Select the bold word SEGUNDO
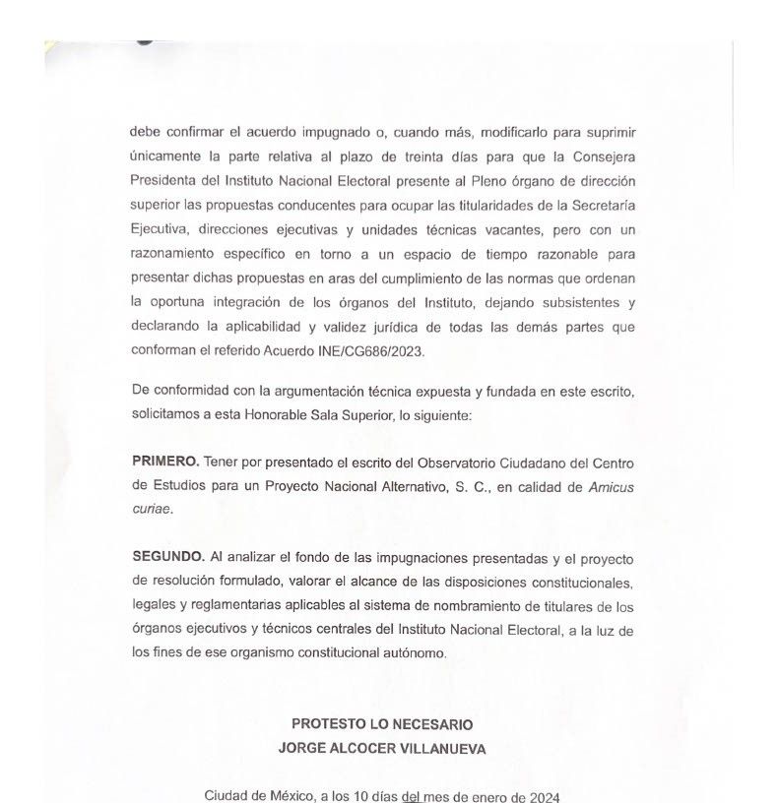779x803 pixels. pyautogui.click(x=167, y=556)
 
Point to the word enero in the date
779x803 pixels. pyautogui.click(x=485, y=794)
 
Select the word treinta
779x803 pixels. pyautogui.click(x=379, y=154)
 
